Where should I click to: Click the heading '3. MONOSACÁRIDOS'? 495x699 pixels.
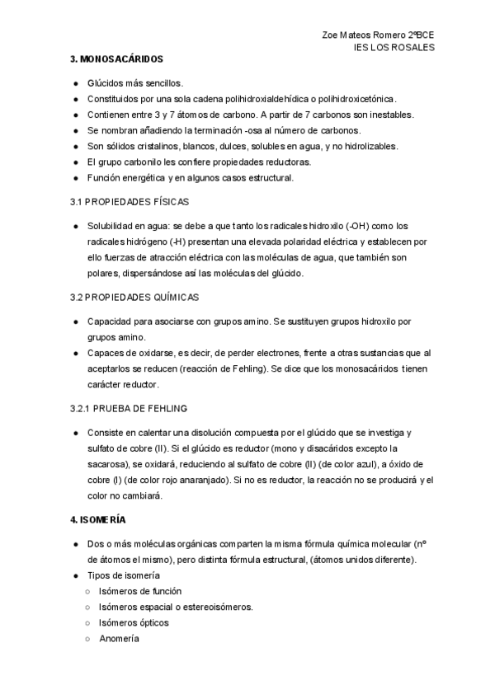[116, 59]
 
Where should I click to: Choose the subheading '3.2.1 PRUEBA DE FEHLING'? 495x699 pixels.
[129, 408]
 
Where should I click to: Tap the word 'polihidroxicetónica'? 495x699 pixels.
[357, 99]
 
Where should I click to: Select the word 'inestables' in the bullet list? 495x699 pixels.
[389, 115]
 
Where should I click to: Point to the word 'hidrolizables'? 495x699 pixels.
[346, 146]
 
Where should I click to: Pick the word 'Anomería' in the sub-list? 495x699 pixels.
[120, 638]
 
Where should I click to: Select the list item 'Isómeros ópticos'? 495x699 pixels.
[134, 622]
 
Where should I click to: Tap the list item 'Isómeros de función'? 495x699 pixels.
[140, 591]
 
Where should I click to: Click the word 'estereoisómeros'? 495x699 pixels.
[218, 607]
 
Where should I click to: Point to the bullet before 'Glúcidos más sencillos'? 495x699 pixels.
[76, 83]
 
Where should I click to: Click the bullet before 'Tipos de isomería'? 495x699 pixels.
[76, 575]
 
